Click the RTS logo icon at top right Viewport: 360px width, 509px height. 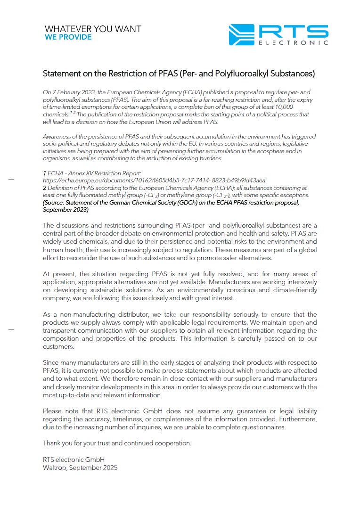(241, 35)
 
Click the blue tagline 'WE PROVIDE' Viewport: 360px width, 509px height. (68, 37)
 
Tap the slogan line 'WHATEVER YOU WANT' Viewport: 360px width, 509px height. (93, 29)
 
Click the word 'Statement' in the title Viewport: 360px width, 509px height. (62, 74)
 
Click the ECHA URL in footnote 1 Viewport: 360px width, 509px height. (154, 181)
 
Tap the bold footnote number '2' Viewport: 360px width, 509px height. (44, 188)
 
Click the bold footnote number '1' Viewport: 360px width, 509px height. (44, 173)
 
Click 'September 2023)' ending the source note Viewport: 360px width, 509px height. (65, 210)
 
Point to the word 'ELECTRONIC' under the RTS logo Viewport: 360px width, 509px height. (293, 43)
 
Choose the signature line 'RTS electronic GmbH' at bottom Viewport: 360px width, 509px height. (74, 460)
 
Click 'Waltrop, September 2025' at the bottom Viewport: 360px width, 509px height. (80, 468)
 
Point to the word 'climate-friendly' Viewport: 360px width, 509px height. (295, 290)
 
